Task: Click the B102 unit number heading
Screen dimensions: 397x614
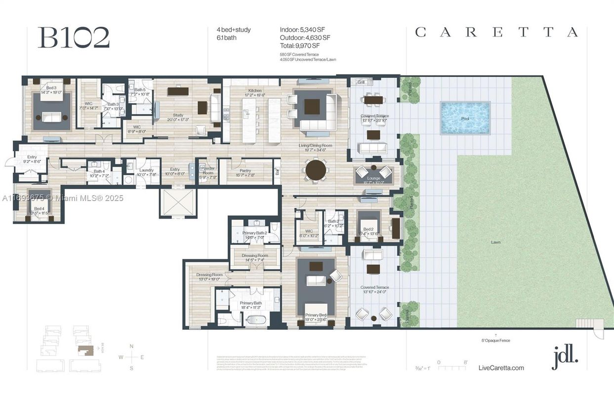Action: coord(74,38)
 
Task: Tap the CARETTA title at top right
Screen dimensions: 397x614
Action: coord(496,33)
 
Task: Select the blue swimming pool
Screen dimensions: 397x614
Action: coord(465,118)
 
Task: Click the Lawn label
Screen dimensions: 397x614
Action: coord(495,242)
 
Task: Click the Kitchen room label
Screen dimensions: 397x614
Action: coord(255,91)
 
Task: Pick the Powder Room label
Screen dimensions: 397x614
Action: coord(207,170)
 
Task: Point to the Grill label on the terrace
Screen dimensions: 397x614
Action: coord(361,82)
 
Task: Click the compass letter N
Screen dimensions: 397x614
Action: coord(132,346)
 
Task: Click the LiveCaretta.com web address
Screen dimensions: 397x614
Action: coord(501,368)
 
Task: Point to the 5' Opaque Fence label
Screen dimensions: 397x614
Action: coord(496,340)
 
